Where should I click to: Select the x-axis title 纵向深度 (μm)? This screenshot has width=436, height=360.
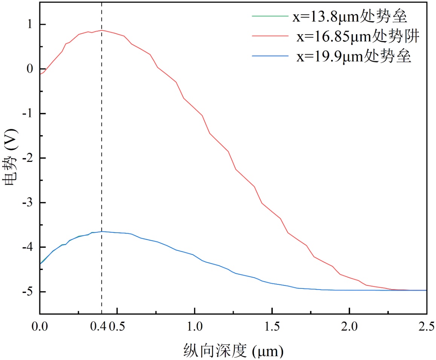point(233,351)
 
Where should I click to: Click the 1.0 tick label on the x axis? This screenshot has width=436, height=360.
point(194,325)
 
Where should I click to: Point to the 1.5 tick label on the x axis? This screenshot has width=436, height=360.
point(272,325)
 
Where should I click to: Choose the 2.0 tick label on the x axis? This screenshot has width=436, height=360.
point(349,325)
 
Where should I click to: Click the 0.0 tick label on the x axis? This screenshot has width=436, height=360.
point(40,325)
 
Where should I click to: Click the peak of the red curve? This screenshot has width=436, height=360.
point(101,30)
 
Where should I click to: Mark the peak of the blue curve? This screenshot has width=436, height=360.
point(101,231)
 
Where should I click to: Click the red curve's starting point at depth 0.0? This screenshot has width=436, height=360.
point(40,74)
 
